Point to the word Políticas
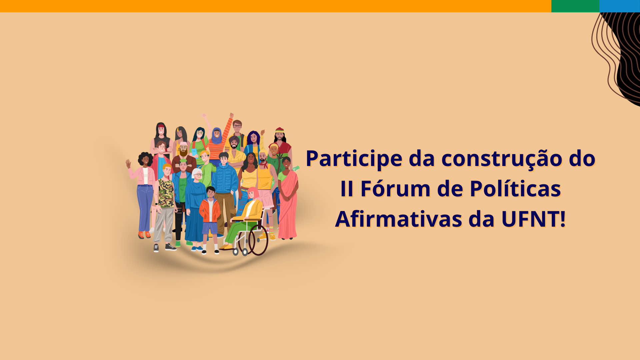click(515, 189)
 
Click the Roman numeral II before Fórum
click(347, 189)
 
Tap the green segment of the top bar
click(575, 6)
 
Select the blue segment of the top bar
click(620, 6)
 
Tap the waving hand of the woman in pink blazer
click(128, 163)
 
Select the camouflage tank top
click(166, 193)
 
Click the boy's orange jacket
click(210, 210)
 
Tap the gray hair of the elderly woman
click(196, 172)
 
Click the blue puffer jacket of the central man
click(225, 178)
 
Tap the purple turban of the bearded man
click(234, 138)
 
